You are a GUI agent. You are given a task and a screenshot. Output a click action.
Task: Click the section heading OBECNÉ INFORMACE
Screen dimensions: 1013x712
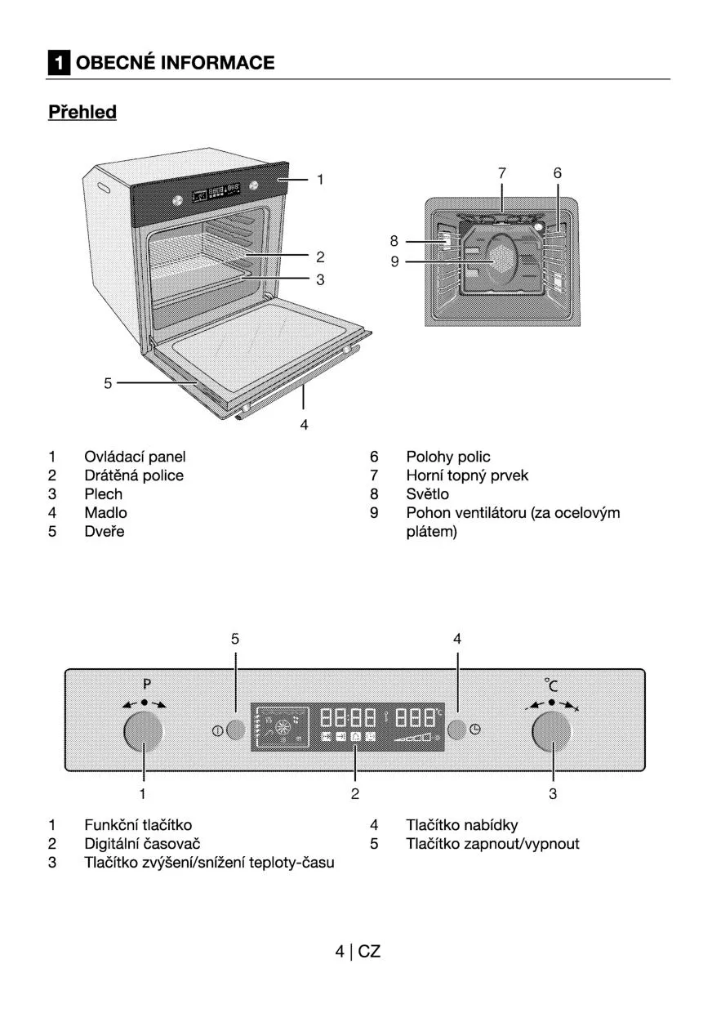[175, 63]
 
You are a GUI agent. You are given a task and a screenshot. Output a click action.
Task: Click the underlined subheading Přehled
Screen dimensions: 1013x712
[82, 112]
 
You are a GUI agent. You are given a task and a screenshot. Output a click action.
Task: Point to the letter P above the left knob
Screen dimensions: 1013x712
[148, 683]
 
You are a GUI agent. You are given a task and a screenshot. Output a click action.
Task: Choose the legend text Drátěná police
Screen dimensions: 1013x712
[134, 475]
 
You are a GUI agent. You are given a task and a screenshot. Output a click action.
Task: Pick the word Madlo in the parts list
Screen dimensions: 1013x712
[105, 513]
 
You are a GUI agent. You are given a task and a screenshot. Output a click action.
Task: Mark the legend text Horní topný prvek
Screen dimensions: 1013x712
[467, 475]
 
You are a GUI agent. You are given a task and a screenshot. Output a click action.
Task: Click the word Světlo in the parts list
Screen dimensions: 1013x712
[427, 494]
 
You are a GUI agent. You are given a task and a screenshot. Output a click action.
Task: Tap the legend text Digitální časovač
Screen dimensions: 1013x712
[142, 844]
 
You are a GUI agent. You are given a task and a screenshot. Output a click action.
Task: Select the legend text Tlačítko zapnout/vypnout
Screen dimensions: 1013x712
[492, 844]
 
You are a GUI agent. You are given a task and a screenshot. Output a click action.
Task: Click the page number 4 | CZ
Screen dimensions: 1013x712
[358, 951]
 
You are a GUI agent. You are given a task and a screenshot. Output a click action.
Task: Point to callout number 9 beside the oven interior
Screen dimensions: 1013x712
[394, 262]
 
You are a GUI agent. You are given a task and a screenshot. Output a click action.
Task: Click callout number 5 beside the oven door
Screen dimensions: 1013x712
[108, 382]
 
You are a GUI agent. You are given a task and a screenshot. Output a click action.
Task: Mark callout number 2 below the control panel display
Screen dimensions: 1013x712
[355, 793]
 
